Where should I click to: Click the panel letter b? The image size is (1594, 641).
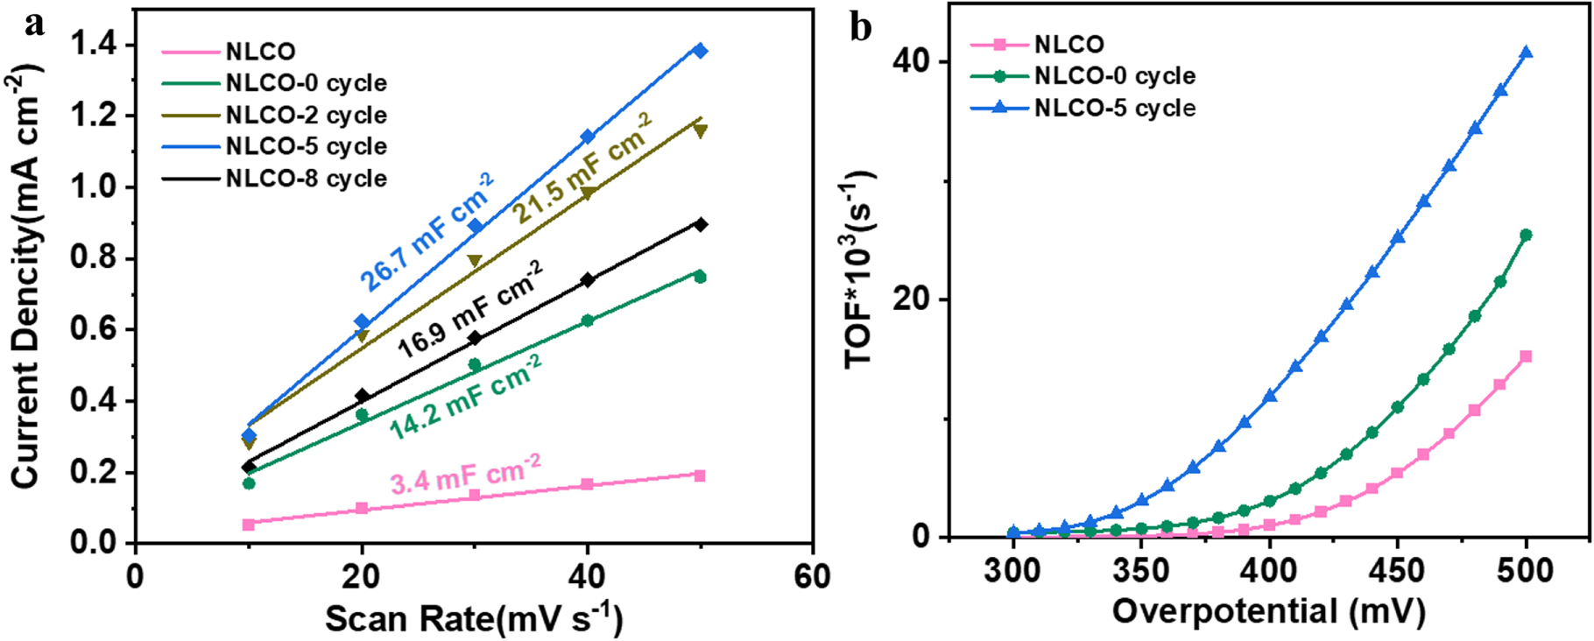pyautogui.click(x=861, y=27)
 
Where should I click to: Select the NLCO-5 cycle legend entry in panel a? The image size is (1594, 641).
pyautogui.click(x=306, y=146)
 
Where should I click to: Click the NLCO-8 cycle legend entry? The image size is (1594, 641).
pyautogui.click(x=306, y=179)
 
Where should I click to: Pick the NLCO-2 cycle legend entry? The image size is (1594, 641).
pyautogui.click(x=306, y=115)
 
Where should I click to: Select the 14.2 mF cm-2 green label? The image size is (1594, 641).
pyautogui.click(x=465, y=397)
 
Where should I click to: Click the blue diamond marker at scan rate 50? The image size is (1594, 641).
pyautogui.click(x=700, y=51)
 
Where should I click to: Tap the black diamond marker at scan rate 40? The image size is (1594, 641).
pyautogui.click(x=587, y=280)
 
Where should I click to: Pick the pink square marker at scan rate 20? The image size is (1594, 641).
pyautogui.click(x=362, y=508)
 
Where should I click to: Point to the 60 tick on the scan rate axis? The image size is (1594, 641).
pyautogui.click(x=812, y=577)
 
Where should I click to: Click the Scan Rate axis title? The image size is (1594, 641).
pyautogui.click(x=474, y=619)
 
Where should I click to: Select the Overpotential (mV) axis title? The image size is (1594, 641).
pyautogui.click(x=1268, y=610)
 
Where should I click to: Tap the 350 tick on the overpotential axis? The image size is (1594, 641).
pyautogui.click(x=1141, y=571)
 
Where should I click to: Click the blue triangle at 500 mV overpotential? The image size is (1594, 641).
pyautogui.click(x=1526, y=53)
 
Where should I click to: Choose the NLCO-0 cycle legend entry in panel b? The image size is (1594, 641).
pyautogui.click(x=1114, y=76)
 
